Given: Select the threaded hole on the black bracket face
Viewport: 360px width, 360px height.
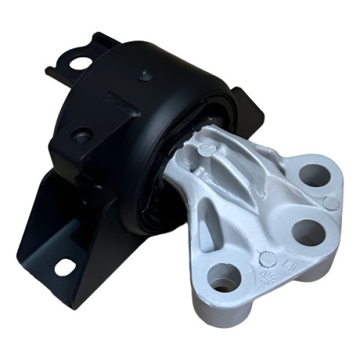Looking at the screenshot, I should click(x=82, y=136).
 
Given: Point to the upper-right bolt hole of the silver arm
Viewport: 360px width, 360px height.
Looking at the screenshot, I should click(x=315, y=175).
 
